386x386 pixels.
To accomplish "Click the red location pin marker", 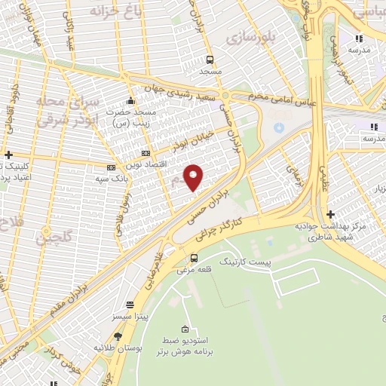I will coord(194,177).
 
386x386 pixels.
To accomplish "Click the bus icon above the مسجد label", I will coord(210,60).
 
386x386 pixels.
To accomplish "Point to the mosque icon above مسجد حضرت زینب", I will coord(131,101).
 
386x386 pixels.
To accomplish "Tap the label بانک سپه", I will coord(109,179).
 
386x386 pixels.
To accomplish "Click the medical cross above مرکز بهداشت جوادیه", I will coord(329,214).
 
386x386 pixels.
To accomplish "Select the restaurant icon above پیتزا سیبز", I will coord(130,305).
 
